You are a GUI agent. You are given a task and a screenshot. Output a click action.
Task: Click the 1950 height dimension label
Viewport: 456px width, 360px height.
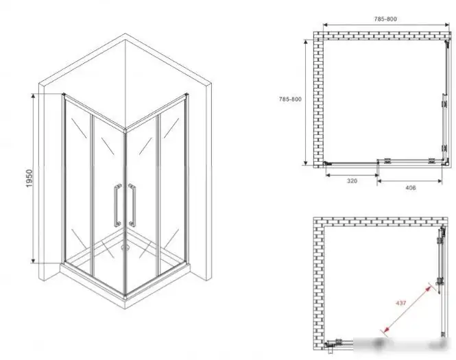tap(29, 178)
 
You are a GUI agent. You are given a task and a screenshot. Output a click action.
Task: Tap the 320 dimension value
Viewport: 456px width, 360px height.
tap(352, 181)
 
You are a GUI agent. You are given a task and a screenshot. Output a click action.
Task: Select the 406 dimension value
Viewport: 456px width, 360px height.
tap(410, 188)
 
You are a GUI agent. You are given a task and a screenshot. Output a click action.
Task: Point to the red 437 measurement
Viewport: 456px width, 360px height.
tap(400, 302)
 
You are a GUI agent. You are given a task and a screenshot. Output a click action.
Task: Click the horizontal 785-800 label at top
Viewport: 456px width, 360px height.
tap(385, 19)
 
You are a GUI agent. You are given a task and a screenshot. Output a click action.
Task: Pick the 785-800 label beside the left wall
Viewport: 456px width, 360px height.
tap(290, 99)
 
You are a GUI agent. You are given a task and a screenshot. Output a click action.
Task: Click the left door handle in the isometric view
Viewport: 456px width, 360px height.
tap(117, 205)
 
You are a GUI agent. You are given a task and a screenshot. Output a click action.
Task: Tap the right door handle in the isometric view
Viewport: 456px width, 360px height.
tap(132, 205)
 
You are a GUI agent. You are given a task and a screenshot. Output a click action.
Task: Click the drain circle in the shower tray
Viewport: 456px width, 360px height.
tap(125, 248)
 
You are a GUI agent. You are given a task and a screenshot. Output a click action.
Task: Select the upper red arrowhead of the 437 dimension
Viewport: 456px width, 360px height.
tap(428, 288)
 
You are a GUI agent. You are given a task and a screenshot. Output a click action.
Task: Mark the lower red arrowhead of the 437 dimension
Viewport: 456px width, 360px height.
tap(385, 329)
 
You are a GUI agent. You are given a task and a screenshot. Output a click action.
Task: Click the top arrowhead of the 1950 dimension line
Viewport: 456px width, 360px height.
tap(33, 97)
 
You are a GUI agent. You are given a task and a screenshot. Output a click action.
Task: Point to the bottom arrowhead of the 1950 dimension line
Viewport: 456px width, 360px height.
tap(33, 260)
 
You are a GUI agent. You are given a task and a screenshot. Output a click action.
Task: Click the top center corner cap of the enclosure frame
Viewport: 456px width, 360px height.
tap(125, 130)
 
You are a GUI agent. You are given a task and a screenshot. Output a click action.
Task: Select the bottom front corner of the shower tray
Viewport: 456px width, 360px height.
tap(125, 308)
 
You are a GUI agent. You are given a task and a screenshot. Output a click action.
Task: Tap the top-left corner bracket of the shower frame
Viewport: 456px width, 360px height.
tap(64, 95)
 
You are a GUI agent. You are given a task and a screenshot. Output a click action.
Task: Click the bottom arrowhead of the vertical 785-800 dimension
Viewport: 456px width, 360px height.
tap(305, 163)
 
